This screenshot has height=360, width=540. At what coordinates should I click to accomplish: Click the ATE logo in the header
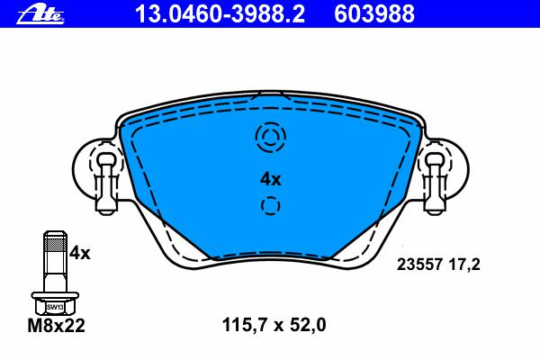(x=40, y=15)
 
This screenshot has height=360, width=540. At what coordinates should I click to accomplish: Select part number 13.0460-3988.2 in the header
(x=220, y=14)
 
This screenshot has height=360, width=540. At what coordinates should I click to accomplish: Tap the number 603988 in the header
(x=374, y=14)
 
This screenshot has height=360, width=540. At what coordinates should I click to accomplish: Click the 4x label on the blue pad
(x=270, y=179)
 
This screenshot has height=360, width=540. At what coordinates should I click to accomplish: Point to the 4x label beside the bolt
(x=79, y=254)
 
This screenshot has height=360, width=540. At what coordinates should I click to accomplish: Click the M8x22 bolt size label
(x=56, y=326)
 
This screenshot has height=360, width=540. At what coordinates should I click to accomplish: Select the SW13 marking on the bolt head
(x=55, y=307)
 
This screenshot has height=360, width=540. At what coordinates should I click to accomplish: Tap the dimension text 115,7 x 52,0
(x=274, y=325)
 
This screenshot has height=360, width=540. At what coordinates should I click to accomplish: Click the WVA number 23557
(x=419, y=265)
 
